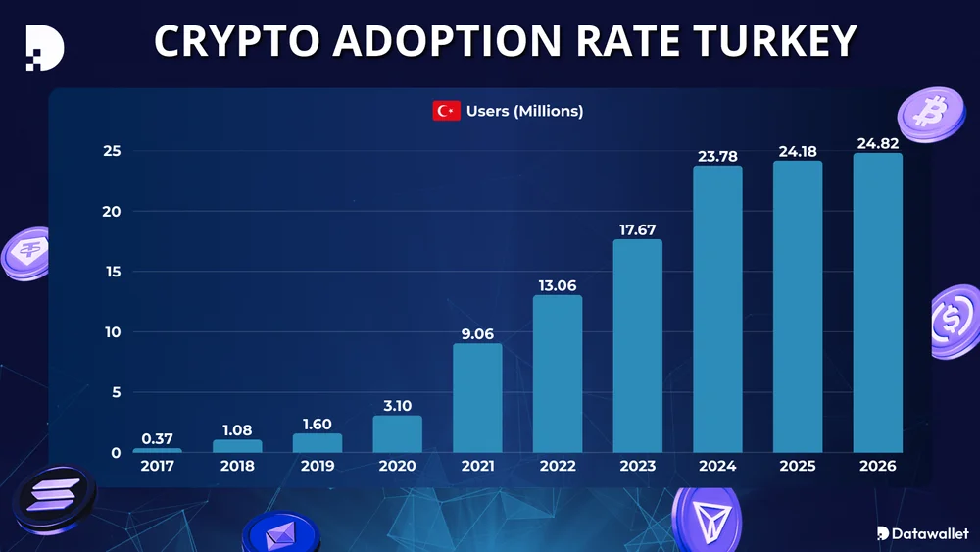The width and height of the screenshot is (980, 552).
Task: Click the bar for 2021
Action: tap(477, 397)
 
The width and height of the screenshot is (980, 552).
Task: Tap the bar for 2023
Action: tap(637, 345)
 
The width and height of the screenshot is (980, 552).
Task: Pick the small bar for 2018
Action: tap(237, 446)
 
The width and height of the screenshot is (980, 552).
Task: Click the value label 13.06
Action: tap(557, 285)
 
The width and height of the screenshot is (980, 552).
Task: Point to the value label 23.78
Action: tap(717, 156)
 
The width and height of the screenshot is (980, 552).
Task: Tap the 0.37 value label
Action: tap(157, 438)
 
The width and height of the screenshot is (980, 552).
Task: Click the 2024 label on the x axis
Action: tap(717, 466)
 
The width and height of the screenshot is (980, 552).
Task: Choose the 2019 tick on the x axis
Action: tap(317, 466)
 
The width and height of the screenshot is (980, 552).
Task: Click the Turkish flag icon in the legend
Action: tap(446, 111)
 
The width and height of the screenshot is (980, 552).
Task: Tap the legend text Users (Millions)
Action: tap(524, 111)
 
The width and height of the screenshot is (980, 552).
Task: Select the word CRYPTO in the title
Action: tap(237, 40)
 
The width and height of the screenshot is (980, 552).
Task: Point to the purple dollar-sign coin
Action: tap(955, 322)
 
